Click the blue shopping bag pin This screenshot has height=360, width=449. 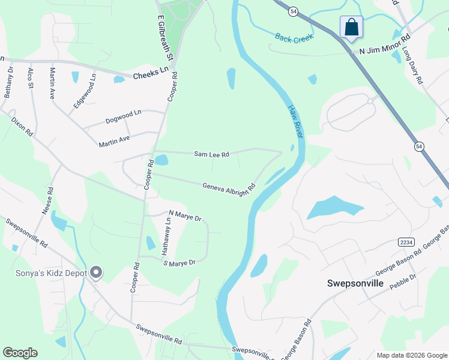click(x=351, y=28)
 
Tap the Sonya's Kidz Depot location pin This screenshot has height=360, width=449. click(x=96, y=273)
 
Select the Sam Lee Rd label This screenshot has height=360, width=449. click(x=211, y=154)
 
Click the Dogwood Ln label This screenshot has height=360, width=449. click(x=123, y=113)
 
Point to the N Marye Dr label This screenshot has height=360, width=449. click(x=185, y=215)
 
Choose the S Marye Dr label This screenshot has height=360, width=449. click(x=179, y=263)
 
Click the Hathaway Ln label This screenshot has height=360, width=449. click(x=167, y=236)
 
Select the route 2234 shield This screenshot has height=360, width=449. click(x=406, y=241)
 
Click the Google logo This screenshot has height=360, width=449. click(x=20, y=352)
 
